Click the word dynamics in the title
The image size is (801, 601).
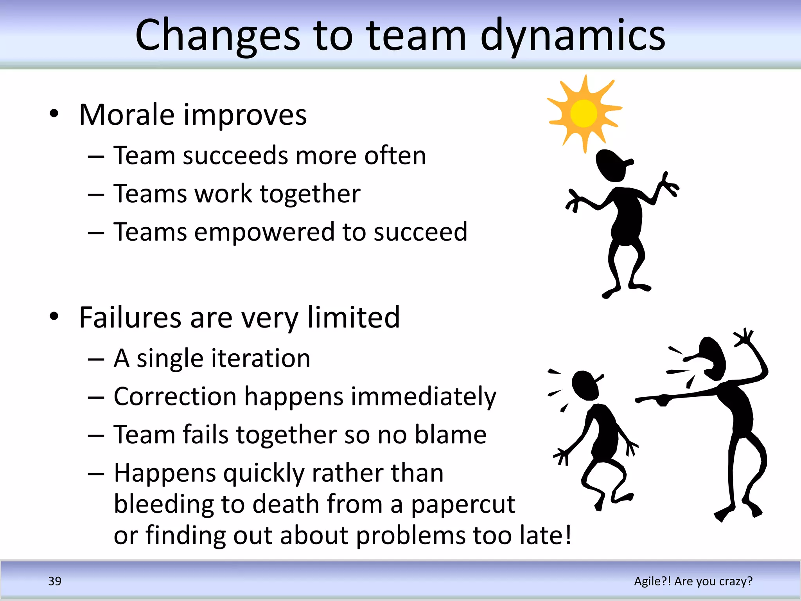point(573,36)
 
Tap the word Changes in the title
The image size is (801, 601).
point(217,36)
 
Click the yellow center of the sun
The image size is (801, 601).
point(584,113)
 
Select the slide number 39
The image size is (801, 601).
point(55,581)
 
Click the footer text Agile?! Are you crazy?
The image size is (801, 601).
point(693,581)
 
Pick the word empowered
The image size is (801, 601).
point(264,232)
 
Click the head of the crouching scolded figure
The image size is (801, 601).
point(585,385)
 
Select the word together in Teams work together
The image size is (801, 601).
point(310,194)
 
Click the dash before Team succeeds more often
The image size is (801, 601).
point(96,157)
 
